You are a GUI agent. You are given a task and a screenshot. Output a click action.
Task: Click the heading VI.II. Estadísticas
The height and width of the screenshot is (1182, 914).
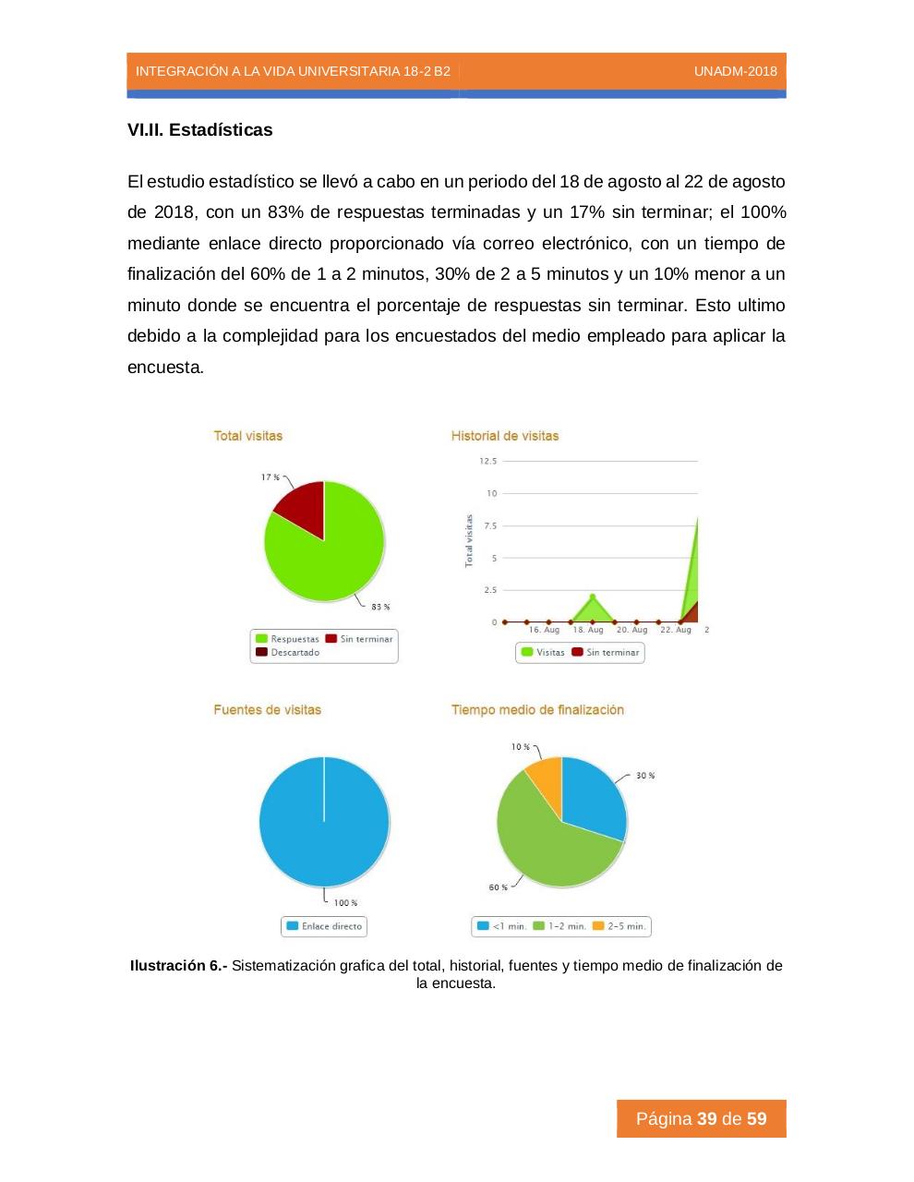[x=200, y=130]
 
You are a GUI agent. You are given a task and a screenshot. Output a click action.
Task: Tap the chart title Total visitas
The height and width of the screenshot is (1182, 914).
[x=248, y=436]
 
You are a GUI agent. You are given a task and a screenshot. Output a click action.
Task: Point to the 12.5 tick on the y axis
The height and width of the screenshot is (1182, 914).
[x=487, y=461]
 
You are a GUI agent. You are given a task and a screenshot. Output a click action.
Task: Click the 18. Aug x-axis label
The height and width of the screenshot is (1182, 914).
[x=588, y=630]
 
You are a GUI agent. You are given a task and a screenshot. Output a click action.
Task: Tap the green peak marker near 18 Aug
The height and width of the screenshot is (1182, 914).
[x=593, y=597]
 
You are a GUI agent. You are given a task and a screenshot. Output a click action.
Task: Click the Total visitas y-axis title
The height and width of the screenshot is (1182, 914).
[x=469, y=540]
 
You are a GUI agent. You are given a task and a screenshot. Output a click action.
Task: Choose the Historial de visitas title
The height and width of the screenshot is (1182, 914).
[x=505, y=436]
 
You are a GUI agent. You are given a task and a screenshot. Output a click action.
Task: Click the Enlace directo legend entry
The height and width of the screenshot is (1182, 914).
[x=325, y=926]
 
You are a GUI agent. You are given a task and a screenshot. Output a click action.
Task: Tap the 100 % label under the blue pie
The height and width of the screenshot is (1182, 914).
[x=345, y=903]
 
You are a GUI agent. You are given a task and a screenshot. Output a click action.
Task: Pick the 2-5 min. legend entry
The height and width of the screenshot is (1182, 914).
[x=620, y=926]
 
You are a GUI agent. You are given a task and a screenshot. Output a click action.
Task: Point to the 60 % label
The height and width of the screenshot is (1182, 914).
[x=498, y=887]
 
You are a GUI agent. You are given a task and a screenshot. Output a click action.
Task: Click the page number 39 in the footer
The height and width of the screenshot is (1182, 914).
[x=707, y=1119]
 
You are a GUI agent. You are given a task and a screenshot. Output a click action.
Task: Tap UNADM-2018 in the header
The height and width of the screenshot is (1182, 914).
[x=735, y=71]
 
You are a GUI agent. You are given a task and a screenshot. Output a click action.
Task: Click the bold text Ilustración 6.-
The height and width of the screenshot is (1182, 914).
[x=179, y=966]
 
